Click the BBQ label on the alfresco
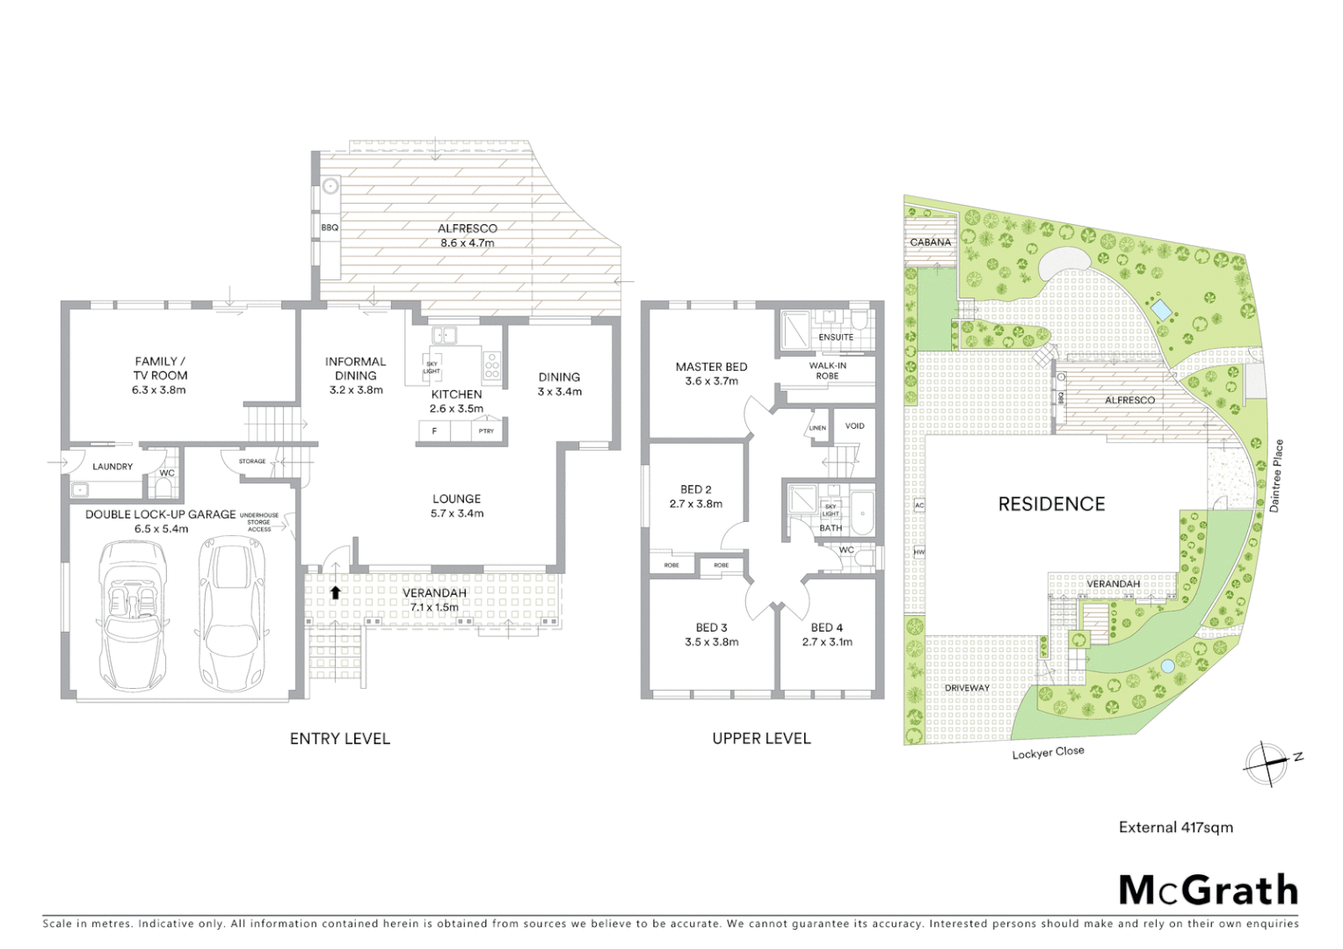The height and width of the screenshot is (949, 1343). tap(330, 228)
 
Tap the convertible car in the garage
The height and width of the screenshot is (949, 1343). tap(133, 615)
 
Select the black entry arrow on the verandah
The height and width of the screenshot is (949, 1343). tap(335, 592)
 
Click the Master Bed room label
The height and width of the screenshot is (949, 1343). tap(711, 367)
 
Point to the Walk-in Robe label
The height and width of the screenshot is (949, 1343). tap(827, 370)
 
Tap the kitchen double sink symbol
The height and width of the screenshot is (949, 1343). tap(443, 335)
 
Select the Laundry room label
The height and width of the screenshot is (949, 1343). tap(113, 467)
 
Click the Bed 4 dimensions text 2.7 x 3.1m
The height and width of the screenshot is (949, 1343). tap(827, 641)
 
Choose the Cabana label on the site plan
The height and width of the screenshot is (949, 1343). tap(930, 243)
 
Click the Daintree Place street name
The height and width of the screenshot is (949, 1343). tap(1276, 475)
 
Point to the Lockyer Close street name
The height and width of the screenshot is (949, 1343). tap(1048, 753)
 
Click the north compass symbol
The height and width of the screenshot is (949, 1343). tap(1266, 762)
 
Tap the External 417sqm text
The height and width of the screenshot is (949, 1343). tap(1175, 827)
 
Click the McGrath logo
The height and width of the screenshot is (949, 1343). tap(1208, 890)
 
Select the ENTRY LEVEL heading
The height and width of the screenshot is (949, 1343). tap(339, 739)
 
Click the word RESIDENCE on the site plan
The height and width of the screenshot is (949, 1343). tap(1051, 503)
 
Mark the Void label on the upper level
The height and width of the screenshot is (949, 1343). tap(854, 426)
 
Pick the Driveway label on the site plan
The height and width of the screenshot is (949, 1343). tap(967, 687)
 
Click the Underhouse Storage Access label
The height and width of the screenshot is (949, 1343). tap(259, 522)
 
